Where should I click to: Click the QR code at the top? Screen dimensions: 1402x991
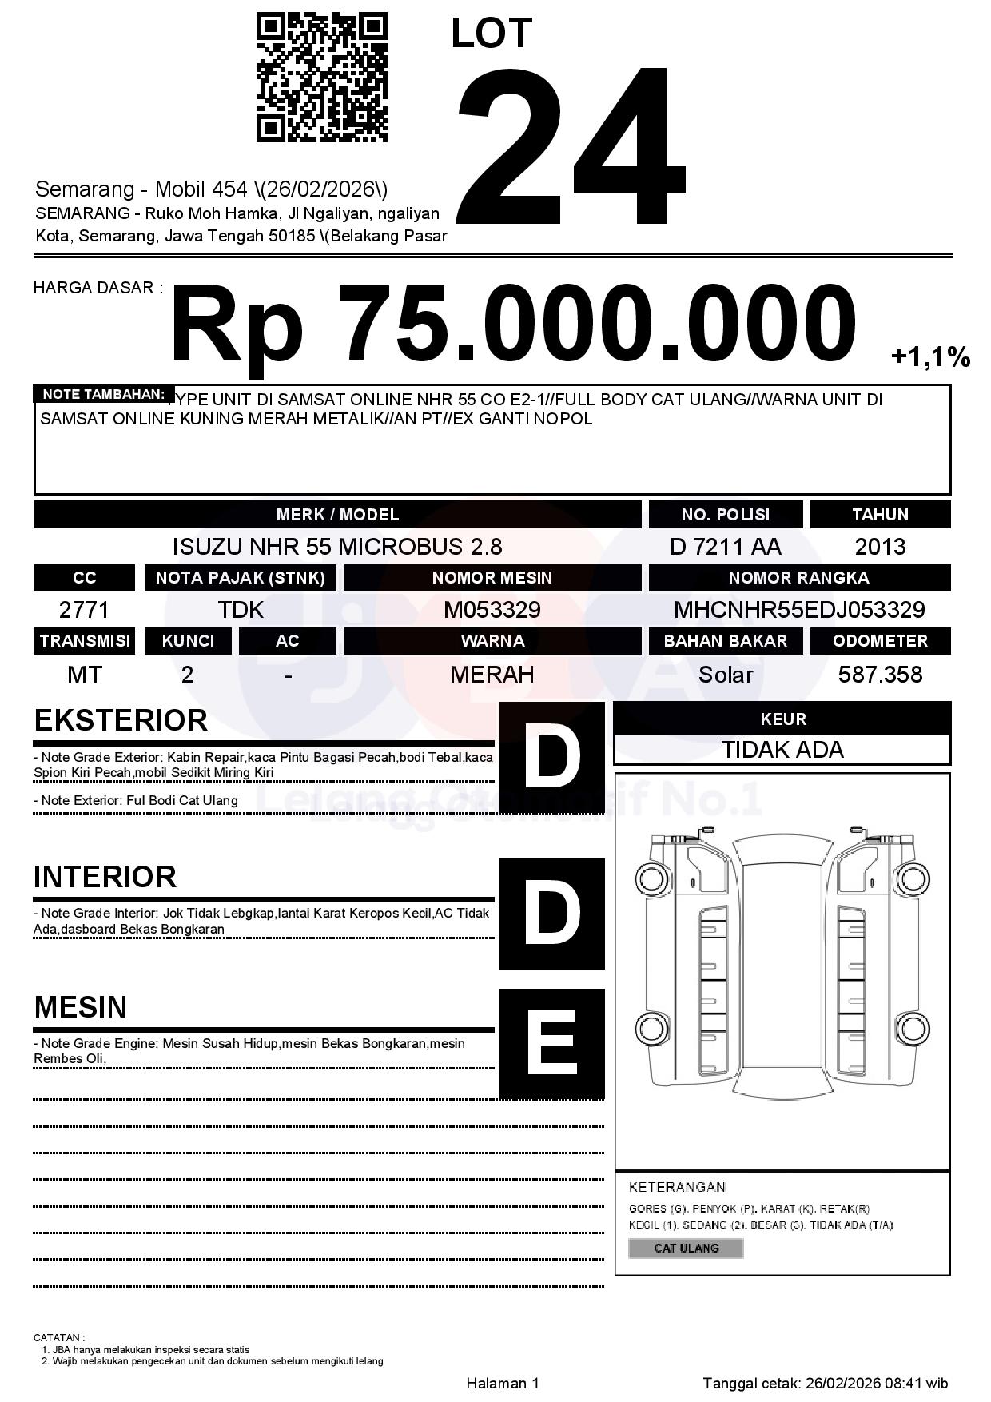[x=321, y=78]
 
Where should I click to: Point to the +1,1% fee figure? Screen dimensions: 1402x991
[x=930, y=356]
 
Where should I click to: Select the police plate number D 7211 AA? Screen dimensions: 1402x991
[x=725, y=547]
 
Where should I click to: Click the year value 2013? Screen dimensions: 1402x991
[x=880, y=547]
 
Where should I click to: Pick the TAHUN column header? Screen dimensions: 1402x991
[x=880, y=515]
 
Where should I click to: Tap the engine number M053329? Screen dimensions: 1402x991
[x=492, y=610]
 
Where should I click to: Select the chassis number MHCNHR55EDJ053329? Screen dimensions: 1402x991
[x=799, y=610]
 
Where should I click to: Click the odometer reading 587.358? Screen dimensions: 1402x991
[x=880, y=675]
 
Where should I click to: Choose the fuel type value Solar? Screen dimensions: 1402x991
[x=725, y=675]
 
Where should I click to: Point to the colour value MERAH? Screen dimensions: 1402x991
[x=492, y=675]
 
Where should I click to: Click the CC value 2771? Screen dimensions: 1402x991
[x=84, y=610]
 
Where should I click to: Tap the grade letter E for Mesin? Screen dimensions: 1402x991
[x=551, y=1043]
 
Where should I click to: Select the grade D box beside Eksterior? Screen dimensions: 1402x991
[x=551, y=755]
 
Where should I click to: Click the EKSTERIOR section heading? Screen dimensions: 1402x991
[x=121, y=720]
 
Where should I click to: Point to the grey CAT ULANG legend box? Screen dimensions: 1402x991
[x=686, y=1248]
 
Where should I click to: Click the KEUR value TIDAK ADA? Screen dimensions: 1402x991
[x=782, y=750]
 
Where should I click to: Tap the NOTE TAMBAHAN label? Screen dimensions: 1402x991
[x=104, y=394]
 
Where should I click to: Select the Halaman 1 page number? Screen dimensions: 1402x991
[x=503, y=1383]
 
